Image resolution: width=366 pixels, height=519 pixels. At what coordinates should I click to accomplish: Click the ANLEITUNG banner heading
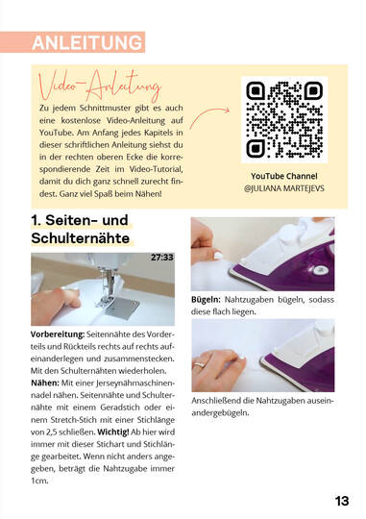(87, 42)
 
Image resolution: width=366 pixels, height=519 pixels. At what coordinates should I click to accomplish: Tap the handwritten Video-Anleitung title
(100, 85)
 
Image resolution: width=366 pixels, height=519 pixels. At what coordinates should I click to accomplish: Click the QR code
(284, 119)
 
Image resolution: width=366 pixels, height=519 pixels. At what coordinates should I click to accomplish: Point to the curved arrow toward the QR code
(209, 116)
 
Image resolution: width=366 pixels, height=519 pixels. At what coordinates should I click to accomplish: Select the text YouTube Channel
(284, 176)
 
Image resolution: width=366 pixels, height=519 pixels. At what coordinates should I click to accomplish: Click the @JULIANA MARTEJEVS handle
(284, 188)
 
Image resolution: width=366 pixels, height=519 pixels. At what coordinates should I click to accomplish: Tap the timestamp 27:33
(162, 258)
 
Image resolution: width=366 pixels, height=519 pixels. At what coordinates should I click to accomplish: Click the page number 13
(342, 501)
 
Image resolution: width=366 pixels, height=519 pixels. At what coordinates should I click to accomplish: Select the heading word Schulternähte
(80, 238)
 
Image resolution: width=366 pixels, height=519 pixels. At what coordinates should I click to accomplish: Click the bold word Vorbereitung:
(58, 334)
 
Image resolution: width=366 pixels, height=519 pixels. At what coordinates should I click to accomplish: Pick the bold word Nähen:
(45, 383)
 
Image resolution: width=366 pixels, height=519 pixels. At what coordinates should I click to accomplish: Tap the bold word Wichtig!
(113, 432)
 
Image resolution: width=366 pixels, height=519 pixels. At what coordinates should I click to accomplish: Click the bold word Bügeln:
(206, 300)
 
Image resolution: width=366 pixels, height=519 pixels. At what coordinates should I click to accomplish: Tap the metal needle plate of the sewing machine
(122, 308)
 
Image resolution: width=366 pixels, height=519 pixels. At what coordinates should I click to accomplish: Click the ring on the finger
(199, 365)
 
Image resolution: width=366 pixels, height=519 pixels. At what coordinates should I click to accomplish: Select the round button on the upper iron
(319, 270)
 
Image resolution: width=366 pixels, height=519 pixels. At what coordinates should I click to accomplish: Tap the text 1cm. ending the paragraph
(39, 481)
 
